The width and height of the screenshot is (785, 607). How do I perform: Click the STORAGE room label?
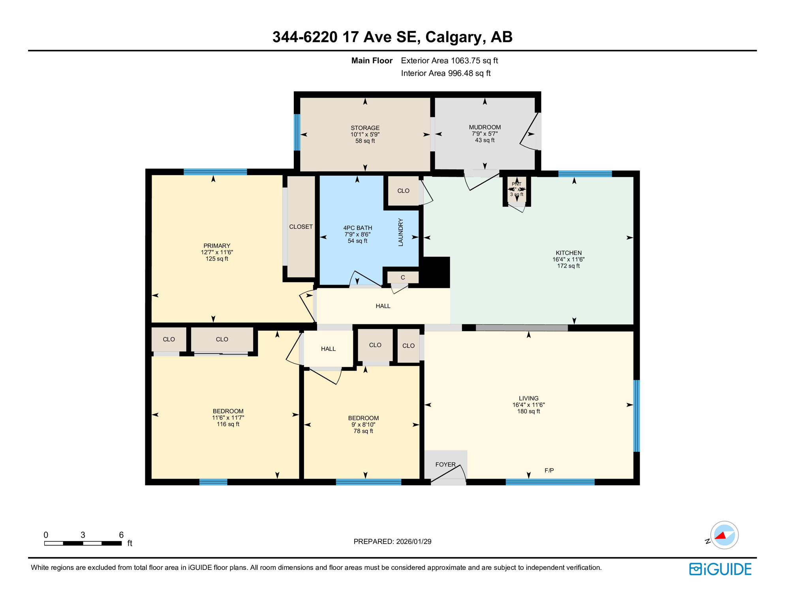click(365, 128)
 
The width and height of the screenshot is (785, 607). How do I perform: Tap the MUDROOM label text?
click(485, 127)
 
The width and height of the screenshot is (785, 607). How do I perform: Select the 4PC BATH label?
click(357, 228)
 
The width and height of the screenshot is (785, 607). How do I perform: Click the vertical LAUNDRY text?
click(400, 232)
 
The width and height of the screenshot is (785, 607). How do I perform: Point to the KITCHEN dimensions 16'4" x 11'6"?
click(568, 260)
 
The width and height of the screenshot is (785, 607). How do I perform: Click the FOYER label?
click(445, 464)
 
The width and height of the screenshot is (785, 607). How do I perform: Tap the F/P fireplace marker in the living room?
click(549, 470)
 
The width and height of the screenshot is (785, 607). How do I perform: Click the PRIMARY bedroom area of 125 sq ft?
click(217, 259)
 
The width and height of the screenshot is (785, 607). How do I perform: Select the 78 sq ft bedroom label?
click(363, 431)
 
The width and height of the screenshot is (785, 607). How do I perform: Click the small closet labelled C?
click(402, 277)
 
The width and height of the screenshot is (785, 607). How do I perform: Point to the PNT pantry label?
click(516, 184)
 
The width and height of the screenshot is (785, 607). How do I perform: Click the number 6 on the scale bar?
click(121, 535)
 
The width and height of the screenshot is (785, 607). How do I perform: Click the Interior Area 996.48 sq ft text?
click(445, 73)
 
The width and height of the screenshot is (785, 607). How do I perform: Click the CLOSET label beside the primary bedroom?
click(300, 227)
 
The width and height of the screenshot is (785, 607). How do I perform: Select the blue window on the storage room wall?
click(297, 132)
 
